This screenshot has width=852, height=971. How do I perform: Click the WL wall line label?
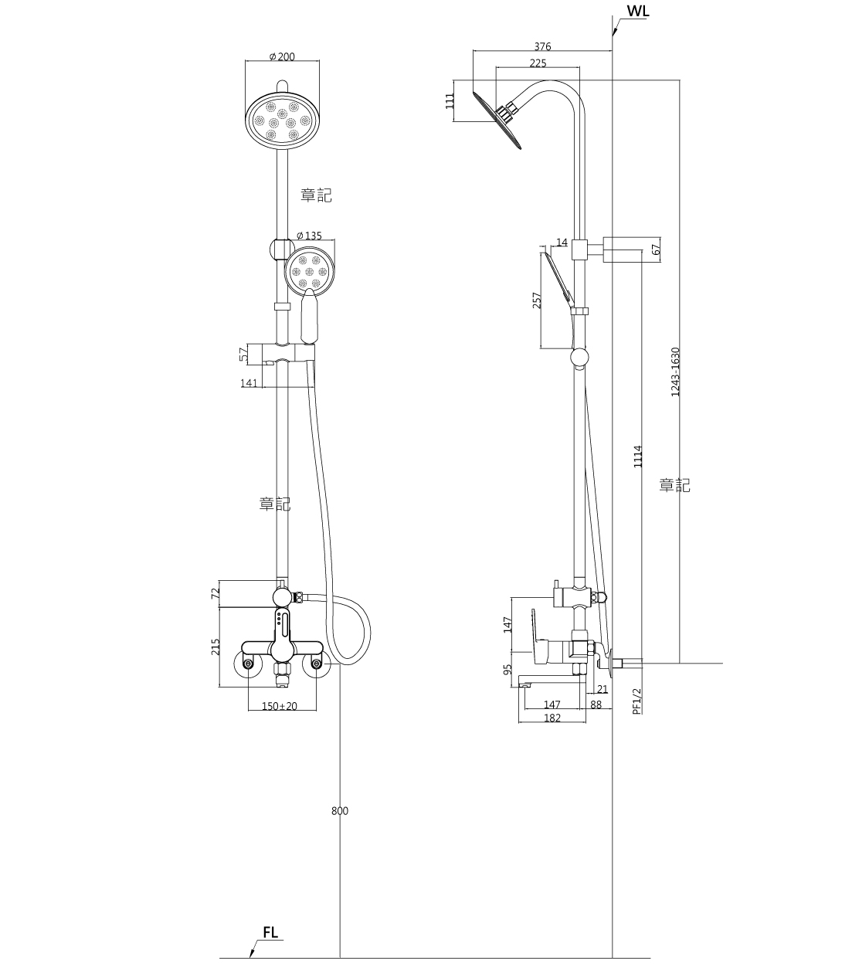(638, 12)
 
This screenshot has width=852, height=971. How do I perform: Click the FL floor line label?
(270, 932)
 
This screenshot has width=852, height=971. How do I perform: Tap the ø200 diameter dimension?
(282, 57)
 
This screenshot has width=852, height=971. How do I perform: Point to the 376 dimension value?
(542, 47)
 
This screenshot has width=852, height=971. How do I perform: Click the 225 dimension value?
(538, 63)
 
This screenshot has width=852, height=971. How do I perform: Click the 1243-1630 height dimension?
(675, 372)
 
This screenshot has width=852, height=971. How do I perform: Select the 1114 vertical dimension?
(637, 457)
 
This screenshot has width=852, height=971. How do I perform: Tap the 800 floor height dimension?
(340, 810)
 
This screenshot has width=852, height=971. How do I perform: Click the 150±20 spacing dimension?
(279, 706)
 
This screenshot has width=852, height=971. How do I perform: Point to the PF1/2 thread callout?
(636, 701)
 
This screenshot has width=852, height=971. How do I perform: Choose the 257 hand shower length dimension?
(538, 299)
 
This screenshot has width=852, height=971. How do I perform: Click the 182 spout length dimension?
(552, 718)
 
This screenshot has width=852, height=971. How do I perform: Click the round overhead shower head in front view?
(282, 120)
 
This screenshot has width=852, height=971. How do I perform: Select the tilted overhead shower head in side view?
(497, 120)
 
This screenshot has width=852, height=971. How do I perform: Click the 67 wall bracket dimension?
(656, 250)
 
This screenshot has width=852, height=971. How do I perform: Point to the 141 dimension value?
(248, 382)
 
